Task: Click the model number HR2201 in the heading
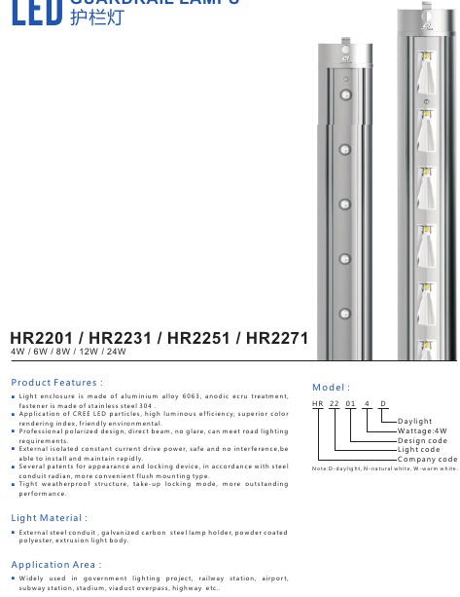pos(40,338)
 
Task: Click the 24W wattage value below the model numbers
pos(117,352)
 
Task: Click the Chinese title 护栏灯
pos(97,17)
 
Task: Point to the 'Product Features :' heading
pos(56,383)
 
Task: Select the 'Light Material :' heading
pos(49,518)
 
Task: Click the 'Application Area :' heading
pos(54,565)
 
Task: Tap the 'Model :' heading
pos(331,388)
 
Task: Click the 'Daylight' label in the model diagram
pos(414,422)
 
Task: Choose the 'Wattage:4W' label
pos(422,430)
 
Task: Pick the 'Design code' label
pos(422,440)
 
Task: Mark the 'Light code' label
pos(418,449)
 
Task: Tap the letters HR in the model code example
pos(317,403)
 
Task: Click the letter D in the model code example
pos(382,403)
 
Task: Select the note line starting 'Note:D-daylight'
pos(384,468)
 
